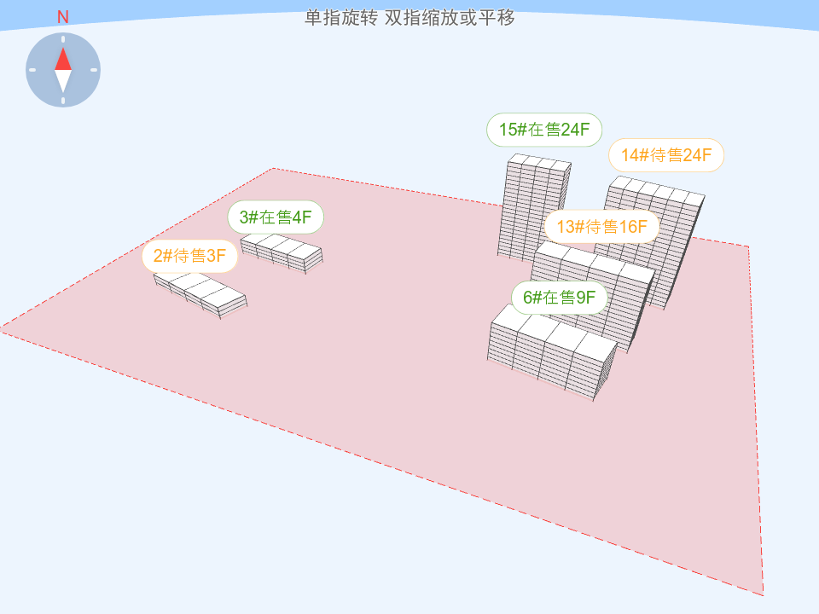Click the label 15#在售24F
coord(544,130)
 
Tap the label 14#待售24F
coord(666,155)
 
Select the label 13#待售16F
coord(601,227)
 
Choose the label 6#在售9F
coord(560,298)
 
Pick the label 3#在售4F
coord(276,217)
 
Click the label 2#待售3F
coord(189,256)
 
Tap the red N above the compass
coord(62,17)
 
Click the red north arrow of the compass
coord(63,59)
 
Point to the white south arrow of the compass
coord(63,82)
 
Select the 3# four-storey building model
coord(282,253)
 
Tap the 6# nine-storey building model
coord(553,353)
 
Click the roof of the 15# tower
coord(539,162)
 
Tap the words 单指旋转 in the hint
coord(341,18)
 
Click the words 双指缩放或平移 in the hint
coord(450,18)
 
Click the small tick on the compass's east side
coord(94,70)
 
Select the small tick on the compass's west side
coord(32,70)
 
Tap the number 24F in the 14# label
coord(697,155)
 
